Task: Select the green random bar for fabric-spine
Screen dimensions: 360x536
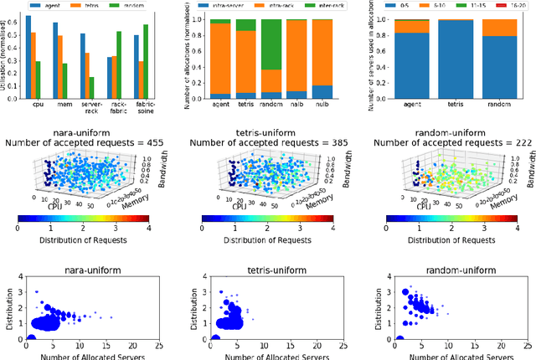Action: pos(145,62)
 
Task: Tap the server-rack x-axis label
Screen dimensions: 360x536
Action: pos(88,111)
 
